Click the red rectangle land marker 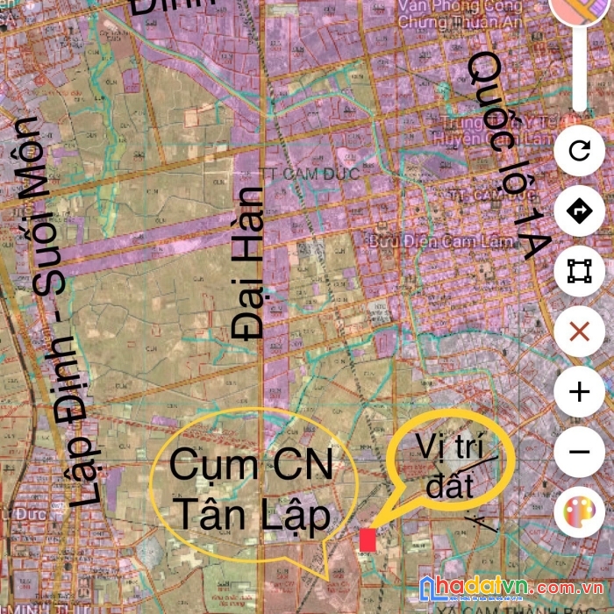tap(368, 539)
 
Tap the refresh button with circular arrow tap(579, 151)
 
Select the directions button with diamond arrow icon tap(579, 211)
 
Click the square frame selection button tap(579, 272)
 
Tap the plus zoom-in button tap(579, 392)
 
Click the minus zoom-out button tap(579, 452)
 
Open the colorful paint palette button tap(579, 510)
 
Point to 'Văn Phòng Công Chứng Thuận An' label tap(461, 13)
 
